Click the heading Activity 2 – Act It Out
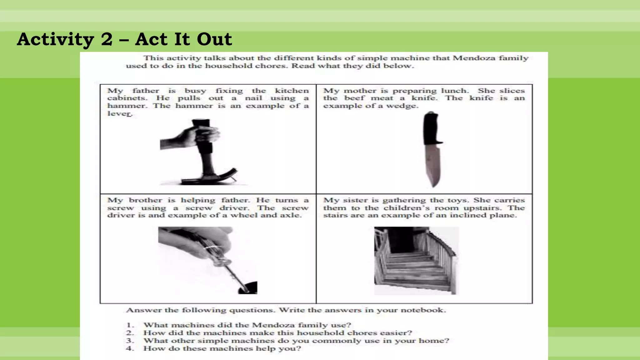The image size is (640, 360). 124,40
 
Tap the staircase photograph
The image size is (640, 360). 416,261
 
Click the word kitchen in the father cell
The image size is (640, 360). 292,91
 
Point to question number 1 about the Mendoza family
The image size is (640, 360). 247,325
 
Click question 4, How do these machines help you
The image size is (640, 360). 222,348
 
